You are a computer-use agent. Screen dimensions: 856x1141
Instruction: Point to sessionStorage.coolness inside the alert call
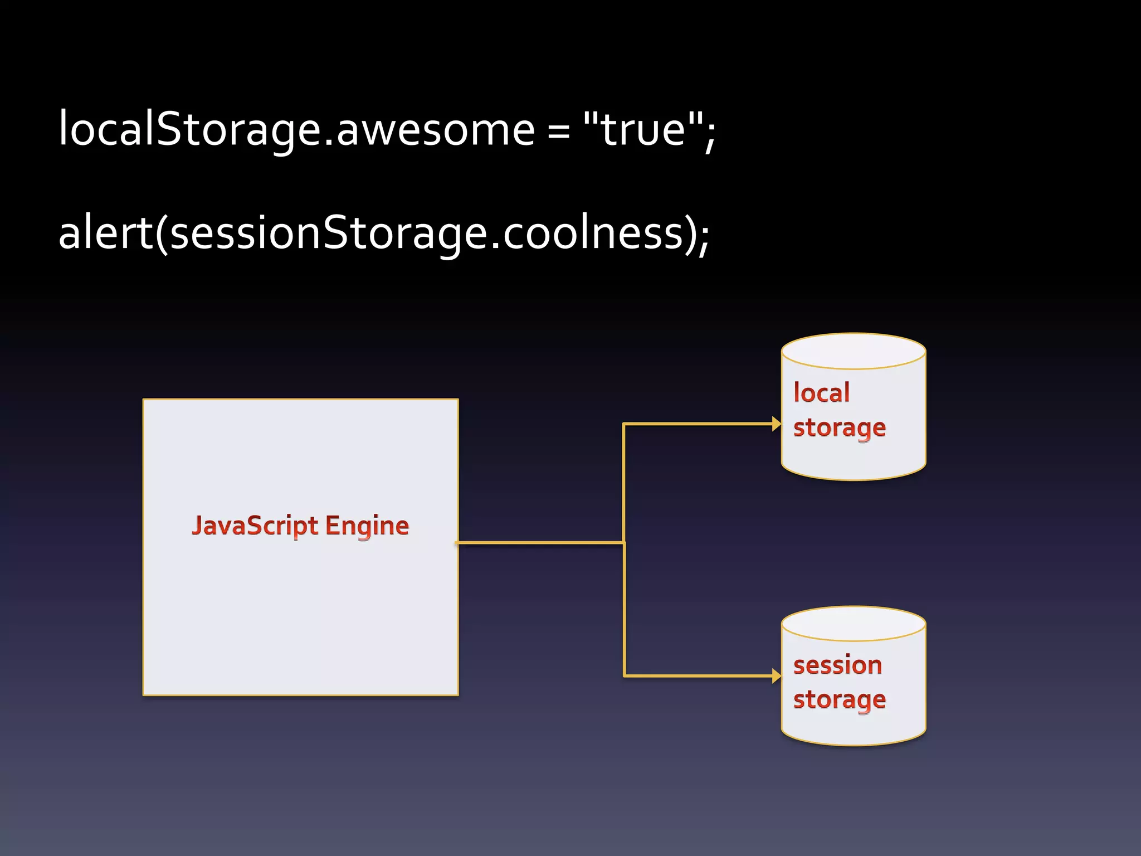pos(427,233)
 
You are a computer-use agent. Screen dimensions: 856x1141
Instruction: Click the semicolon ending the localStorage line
pos(709,137)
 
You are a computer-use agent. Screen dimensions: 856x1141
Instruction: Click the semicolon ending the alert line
pos(703,240)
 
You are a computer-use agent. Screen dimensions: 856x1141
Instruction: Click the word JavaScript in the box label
pos(255,526)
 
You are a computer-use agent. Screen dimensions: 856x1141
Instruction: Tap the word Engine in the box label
pos(367,526)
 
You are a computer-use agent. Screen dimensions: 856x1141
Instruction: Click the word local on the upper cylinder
pos(822,393)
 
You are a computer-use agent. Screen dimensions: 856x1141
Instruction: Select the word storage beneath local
pos(839,428)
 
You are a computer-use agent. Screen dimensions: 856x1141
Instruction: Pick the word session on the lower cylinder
pos(837,665)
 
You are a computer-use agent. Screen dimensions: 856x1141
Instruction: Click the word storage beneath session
pos(839,700)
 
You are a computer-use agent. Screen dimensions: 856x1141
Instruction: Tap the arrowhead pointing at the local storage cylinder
pos(776,424)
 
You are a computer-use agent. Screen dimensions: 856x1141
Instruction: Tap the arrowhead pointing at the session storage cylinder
pos(776,676)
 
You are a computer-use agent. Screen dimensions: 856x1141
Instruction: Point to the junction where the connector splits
pos(624,542)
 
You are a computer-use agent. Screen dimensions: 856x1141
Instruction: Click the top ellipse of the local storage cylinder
pos(854,351)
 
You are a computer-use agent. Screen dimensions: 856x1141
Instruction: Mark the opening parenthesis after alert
pos(162,234)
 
